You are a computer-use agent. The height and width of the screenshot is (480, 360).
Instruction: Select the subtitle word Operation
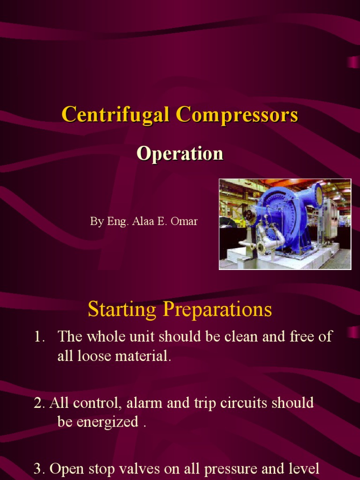[180, 154]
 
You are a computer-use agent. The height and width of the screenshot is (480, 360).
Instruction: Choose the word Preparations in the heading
[217, 310]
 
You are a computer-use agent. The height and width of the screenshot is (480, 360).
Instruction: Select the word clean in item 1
[252, 337]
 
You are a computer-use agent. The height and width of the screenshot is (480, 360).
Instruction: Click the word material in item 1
[147, 356]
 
